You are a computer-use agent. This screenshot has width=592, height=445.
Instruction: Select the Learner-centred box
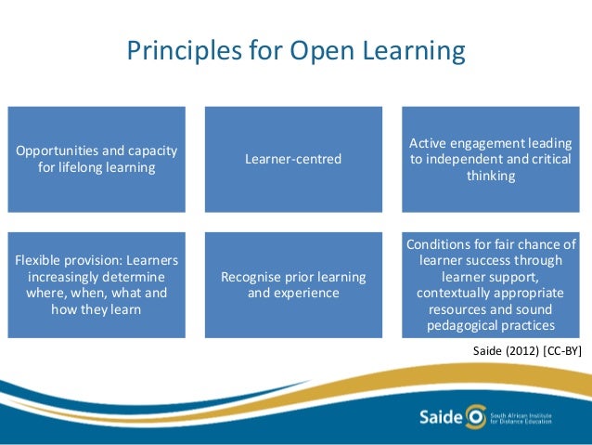tap(293, 159)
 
